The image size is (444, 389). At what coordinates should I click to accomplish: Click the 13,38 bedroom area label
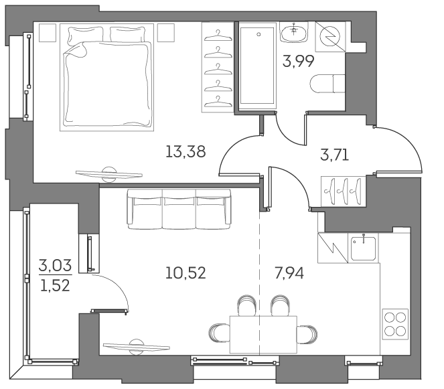185,151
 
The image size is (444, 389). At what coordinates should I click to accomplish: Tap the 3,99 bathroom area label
299,63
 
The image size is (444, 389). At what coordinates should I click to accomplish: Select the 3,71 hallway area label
335,157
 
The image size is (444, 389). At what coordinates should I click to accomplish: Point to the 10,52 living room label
185,273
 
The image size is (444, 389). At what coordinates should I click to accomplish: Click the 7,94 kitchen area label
289,273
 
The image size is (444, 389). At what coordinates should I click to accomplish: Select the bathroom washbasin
295,31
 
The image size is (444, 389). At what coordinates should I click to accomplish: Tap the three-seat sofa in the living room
179,208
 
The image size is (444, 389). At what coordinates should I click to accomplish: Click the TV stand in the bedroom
109,173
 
